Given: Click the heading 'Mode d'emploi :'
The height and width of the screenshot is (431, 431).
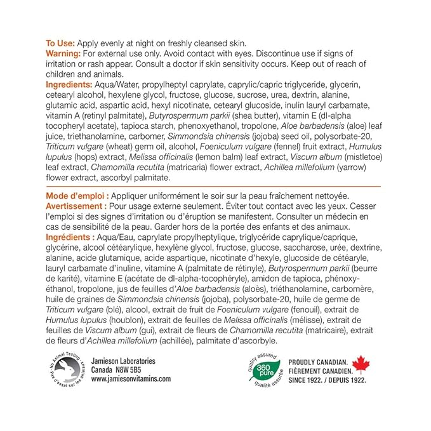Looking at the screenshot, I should (77, 195).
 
